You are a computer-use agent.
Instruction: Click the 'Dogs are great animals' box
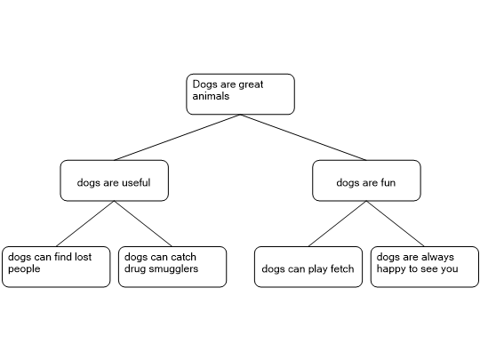click(x=240, y=94)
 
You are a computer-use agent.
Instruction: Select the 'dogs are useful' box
click(x=114, y=180)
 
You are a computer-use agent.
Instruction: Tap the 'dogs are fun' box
click(x=366, y=180)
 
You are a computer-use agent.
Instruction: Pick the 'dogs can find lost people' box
click(x=56, y=267)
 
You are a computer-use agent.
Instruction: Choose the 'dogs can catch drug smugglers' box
click(x=172, y=267)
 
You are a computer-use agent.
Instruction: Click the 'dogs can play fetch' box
click(x=308, y=267)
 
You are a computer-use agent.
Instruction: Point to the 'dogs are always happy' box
click(x=425, y=267)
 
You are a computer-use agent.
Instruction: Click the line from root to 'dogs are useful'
click(x=177, y=138)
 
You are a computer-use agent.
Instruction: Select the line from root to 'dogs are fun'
click(x=303, y=138)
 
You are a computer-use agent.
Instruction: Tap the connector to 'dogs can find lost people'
click(x=85, y=224)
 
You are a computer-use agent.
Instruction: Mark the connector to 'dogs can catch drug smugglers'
click(x=143, y=224)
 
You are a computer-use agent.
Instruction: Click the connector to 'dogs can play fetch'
click(x=338, y=224)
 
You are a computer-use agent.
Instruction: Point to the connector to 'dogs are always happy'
click(x=396, y=224)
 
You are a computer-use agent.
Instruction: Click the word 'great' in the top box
click(x=251, y=84)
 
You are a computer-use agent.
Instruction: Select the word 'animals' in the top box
click(x=211, y=96)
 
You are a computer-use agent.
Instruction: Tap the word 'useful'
click(x=136, y=182)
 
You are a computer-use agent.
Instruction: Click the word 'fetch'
click(x=342, y=268)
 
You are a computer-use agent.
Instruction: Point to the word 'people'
click(x=24, y=269)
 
